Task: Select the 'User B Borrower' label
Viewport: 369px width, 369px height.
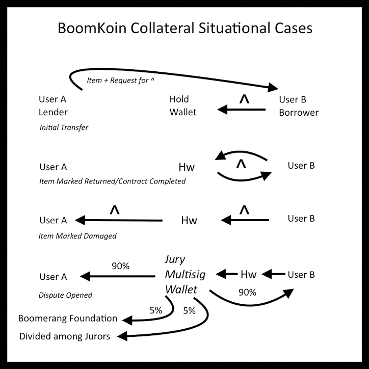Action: click(x=299, y=106)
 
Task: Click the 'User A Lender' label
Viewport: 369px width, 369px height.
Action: click(x=53, y=106)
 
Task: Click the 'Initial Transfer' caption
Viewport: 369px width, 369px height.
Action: click(x=64, y=127)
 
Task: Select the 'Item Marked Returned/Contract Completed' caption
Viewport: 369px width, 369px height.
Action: click(x=112, y=181)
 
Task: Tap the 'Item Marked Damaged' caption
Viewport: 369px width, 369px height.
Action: click(x=78, y=235)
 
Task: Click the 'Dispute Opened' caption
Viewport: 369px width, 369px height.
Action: click(x=66, y=295)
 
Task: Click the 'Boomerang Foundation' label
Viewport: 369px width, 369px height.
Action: click(x=68, y=319)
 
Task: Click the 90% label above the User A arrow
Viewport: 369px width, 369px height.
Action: click(x=120, y=266)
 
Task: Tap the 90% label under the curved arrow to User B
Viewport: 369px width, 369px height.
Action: click(x=247, y=293)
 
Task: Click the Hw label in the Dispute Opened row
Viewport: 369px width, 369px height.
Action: click(x=248, y=275)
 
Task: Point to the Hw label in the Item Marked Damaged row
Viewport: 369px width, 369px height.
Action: click(x=189, y=221)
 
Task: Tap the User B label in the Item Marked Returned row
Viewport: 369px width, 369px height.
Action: click(x=301, y=166)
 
